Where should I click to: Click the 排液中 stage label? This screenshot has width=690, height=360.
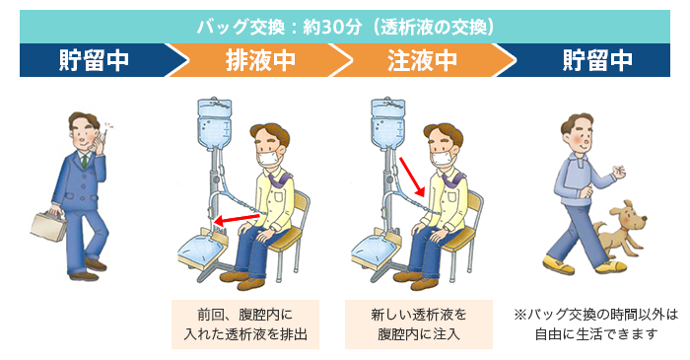pos(260,60)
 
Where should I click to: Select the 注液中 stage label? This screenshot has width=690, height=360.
pos(422,60)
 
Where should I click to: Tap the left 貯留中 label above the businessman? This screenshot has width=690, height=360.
pos(94,60)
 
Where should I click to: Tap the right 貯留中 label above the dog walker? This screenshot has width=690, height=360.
pos(597,60)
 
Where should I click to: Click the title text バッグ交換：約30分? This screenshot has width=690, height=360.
pos(279,28)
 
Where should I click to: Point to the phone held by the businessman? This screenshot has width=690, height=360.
pos(102,139)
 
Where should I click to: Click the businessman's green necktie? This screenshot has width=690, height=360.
pos(84,161)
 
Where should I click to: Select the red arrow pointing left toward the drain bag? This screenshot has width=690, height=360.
pos(237,219)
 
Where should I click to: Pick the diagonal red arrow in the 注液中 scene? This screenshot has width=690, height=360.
pos(412,177)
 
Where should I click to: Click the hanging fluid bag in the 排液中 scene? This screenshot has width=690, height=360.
pos(214,123)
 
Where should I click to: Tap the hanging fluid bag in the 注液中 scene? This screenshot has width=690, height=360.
pos(387,123)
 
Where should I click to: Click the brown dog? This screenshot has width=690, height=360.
pos(620,231)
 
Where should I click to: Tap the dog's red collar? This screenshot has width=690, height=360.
pos(628,234)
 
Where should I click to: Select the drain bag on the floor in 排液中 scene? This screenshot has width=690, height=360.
pos(199,251)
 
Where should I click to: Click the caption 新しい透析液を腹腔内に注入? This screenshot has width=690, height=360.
pos(419,324)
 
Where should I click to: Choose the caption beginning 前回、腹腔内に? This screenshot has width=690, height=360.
pos(245,324)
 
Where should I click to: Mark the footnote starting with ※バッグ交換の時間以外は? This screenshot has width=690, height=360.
pos(595,324)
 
